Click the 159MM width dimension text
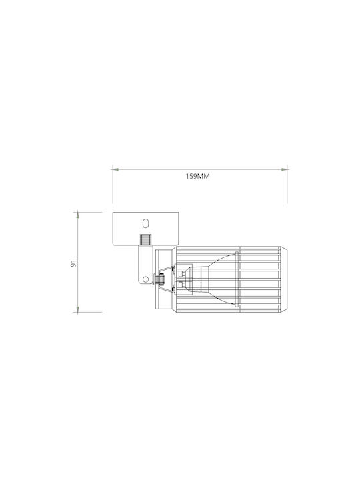click(198, 176)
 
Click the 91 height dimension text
click(73, 263)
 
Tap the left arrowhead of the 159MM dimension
click(115, 169)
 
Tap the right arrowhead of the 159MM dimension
click(285, 169)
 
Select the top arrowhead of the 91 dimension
click(78, 215)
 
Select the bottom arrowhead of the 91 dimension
click(78, 309)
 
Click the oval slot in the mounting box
click(146, 223)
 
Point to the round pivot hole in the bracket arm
click(146, 279)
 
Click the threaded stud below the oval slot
click(146, 240)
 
